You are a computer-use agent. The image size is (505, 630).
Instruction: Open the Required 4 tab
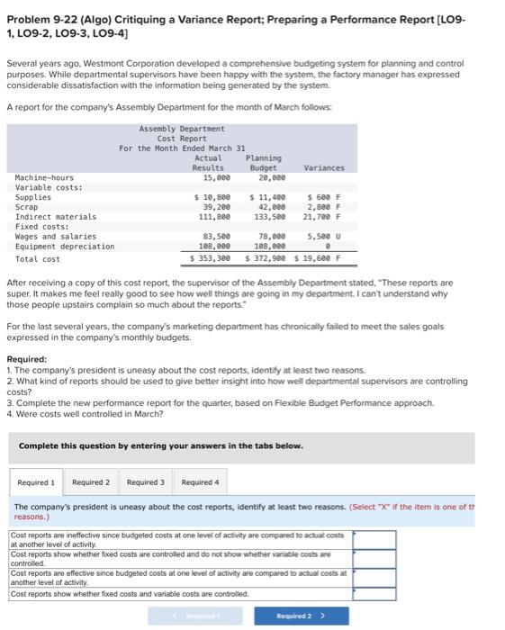[199, 482]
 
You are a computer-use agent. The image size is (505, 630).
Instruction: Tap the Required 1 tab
[35, 482]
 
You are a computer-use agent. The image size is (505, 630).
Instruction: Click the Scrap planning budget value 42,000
[269, 207]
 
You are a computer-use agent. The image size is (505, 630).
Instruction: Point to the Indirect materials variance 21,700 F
[320, 217]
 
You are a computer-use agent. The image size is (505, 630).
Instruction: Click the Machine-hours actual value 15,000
[216, 177]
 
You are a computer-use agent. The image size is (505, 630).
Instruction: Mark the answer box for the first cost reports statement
[373, 540]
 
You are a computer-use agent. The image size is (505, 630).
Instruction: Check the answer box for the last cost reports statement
[373, 594]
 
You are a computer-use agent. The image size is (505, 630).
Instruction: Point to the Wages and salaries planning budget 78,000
[269, 237]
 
